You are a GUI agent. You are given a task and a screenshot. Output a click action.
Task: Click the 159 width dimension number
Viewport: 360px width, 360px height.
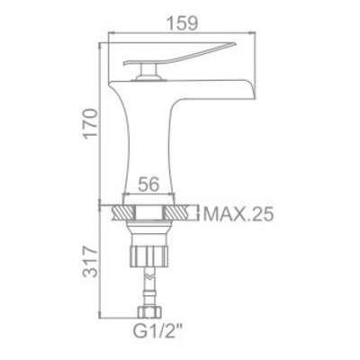(182, 22)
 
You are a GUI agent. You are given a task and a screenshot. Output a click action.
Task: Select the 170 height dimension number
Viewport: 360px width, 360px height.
(90, 123)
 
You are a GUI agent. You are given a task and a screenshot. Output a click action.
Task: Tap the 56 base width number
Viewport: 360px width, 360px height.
(148, 184)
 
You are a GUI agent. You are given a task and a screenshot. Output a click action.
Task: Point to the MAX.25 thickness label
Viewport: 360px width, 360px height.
(238, 213)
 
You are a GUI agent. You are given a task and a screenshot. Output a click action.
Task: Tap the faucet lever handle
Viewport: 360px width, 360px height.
(179, 53)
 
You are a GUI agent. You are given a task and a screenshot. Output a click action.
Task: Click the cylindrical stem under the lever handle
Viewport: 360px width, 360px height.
(148, 70)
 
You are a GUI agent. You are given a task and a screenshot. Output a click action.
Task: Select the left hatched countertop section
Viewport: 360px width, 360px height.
(122, 213)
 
